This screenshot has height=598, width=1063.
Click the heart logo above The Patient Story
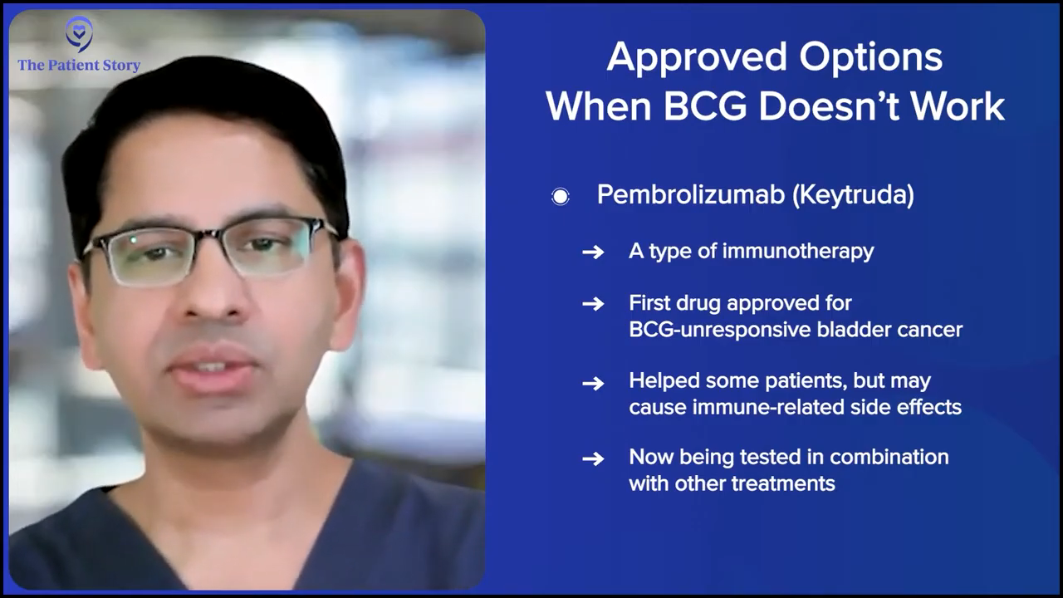[79, 34]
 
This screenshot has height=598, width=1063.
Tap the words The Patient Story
[79, 65]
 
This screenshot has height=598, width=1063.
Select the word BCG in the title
[705, 106]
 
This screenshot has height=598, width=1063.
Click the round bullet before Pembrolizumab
[561, 196]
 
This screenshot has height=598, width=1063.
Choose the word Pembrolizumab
[691, 194]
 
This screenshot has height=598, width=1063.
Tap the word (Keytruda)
[853, 195]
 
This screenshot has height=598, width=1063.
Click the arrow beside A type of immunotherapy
[593, 252]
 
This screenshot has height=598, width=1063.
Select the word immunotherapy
[798, 252]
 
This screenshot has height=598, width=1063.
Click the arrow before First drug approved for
[593, 304]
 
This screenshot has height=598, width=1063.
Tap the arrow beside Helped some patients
[593, 383]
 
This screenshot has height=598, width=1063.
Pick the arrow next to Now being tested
[593, 459]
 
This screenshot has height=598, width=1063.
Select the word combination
[889, 457]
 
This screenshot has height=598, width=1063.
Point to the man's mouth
[213, 368]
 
